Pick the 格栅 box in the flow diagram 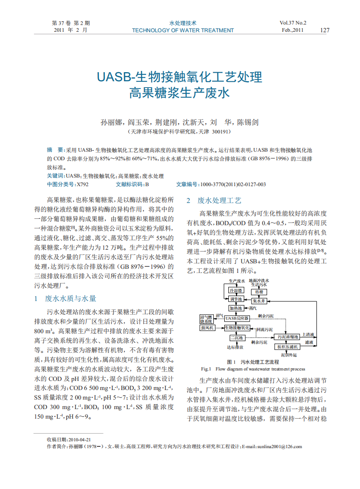[x=259, y=291]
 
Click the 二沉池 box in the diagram [x=236, y=337]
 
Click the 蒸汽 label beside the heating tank [x=252, y=308]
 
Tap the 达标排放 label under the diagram [x=235, y=347]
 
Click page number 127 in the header [x=325, y=30]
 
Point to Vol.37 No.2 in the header [x=293, y=23]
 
